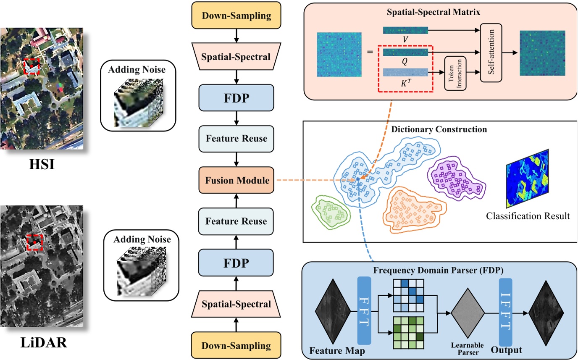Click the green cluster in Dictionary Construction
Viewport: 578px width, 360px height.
pos(331,211)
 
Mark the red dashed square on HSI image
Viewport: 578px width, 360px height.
pos(31,66)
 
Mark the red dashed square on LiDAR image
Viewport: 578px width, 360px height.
pos(34,242)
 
